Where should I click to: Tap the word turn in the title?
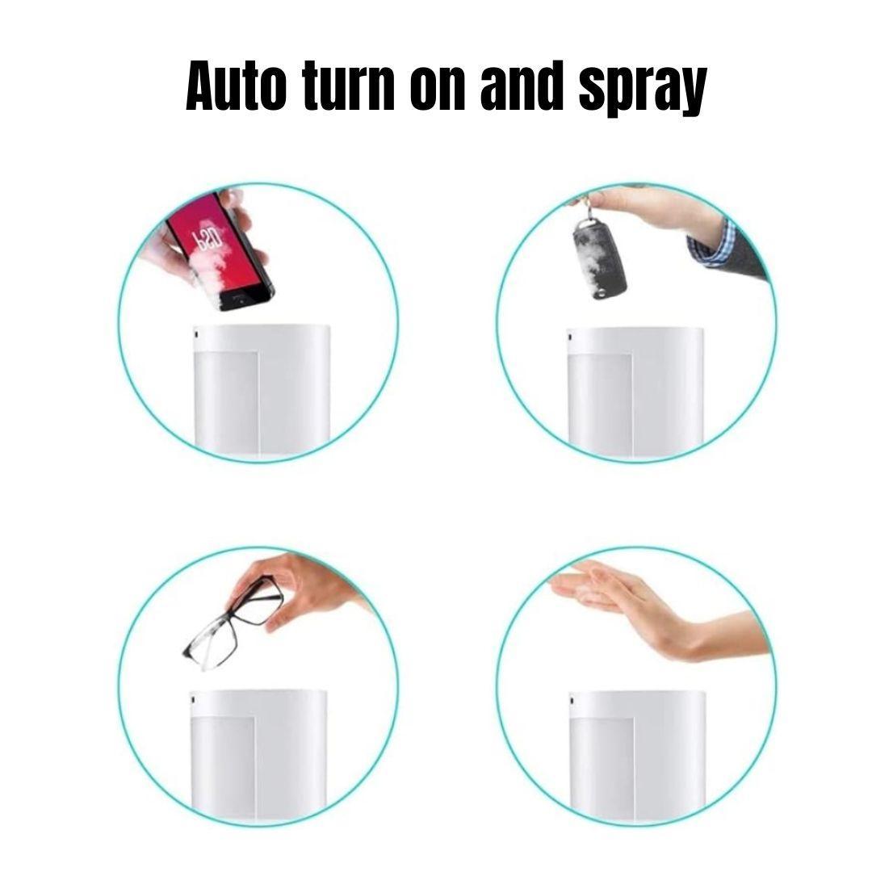350,86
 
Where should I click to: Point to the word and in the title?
521,86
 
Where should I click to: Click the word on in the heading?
437,89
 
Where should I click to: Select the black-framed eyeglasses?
233,623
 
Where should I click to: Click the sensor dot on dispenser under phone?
195,335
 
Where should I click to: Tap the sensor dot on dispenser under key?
570,337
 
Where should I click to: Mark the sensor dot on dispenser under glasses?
193,699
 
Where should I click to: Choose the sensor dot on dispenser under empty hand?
572,702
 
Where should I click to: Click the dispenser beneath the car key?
635,392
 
